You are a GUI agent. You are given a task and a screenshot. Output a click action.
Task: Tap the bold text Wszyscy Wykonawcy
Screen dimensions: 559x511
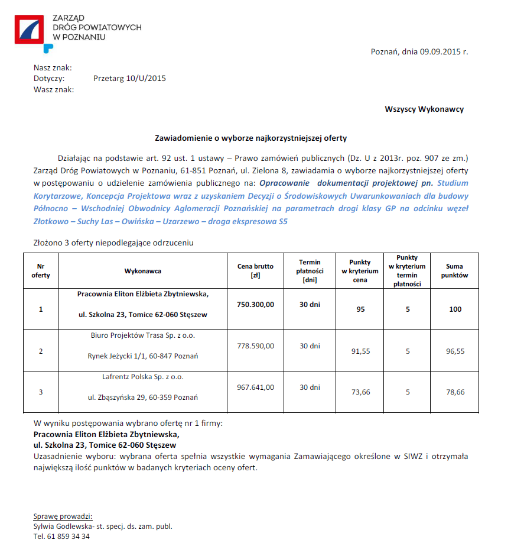[424, 109]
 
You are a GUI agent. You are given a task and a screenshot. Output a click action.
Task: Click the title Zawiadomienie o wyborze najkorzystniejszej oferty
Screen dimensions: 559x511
[250, 138]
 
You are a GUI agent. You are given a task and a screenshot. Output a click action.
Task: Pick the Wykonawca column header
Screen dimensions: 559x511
[142, 271]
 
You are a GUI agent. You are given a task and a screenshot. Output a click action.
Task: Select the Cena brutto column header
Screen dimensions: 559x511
[255, 271]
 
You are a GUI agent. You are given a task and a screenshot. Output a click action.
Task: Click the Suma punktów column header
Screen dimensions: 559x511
[454, 271]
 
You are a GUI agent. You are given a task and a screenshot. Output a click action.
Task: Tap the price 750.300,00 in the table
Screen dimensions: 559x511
[255, 304]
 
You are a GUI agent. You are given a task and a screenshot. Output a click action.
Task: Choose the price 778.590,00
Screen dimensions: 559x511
[255, 346]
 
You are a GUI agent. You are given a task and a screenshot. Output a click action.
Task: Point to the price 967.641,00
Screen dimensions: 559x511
[255, 387]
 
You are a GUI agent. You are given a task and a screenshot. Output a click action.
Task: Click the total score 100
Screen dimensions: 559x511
[455, 309]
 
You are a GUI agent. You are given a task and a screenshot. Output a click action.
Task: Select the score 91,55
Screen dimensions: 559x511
[360, 351]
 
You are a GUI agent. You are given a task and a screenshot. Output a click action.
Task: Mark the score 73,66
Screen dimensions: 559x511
[360, 392]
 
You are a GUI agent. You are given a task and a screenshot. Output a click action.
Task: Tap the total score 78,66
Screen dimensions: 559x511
[455, 392]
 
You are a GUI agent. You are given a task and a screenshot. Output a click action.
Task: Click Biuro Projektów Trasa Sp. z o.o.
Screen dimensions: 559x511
[142, 335]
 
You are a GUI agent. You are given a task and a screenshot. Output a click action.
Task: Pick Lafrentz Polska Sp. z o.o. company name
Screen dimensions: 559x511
[142, 377]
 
